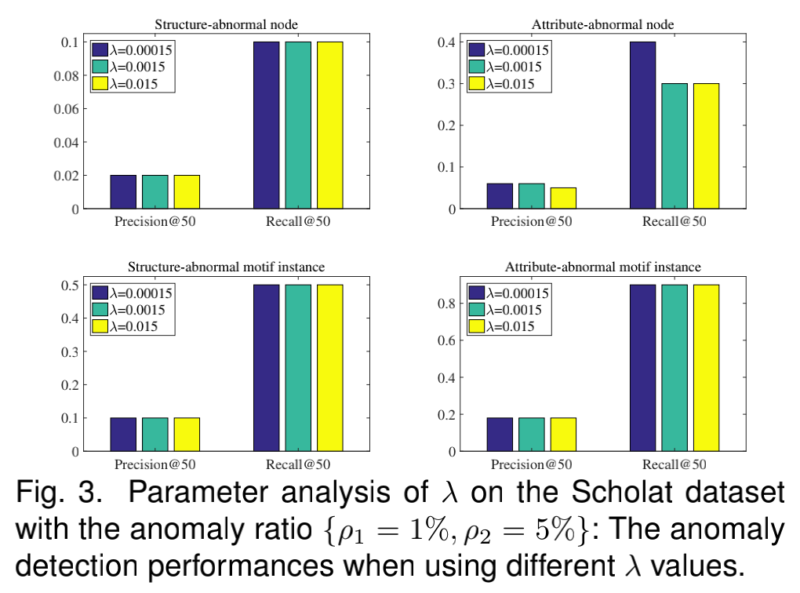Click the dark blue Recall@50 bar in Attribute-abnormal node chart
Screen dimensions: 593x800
click(642, 126)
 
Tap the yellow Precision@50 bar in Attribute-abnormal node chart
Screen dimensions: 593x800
click(562, 198)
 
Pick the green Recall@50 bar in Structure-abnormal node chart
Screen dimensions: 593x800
click(297, 126)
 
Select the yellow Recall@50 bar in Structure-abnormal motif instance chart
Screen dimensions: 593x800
click(329, 368)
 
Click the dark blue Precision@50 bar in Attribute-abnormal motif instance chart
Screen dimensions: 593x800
click(500, 435)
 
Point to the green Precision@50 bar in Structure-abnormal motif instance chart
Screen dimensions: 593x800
click(154, 435)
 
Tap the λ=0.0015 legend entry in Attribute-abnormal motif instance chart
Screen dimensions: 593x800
click(507, 310)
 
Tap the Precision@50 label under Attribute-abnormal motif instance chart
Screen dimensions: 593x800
click(531, 464)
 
